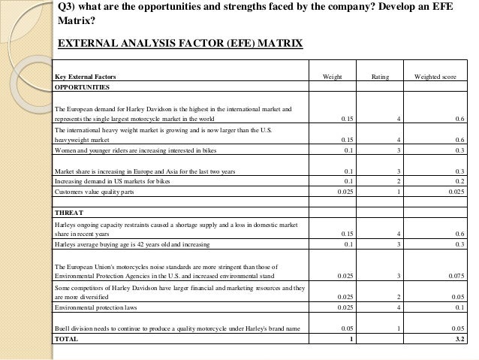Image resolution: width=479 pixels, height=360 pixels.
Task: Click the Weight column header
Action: (332, 77)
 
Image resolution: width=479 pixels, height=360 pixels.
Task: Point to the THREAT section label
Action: (68, 213)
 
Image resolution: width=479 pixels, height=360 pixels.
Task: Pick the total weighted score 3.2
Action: (460, 340)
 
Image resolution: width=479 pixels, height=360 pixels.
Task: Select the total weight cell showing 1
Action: (351, 340)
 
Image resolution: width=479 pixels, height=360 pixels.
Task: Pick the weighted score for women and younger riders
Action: (459, 150)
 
